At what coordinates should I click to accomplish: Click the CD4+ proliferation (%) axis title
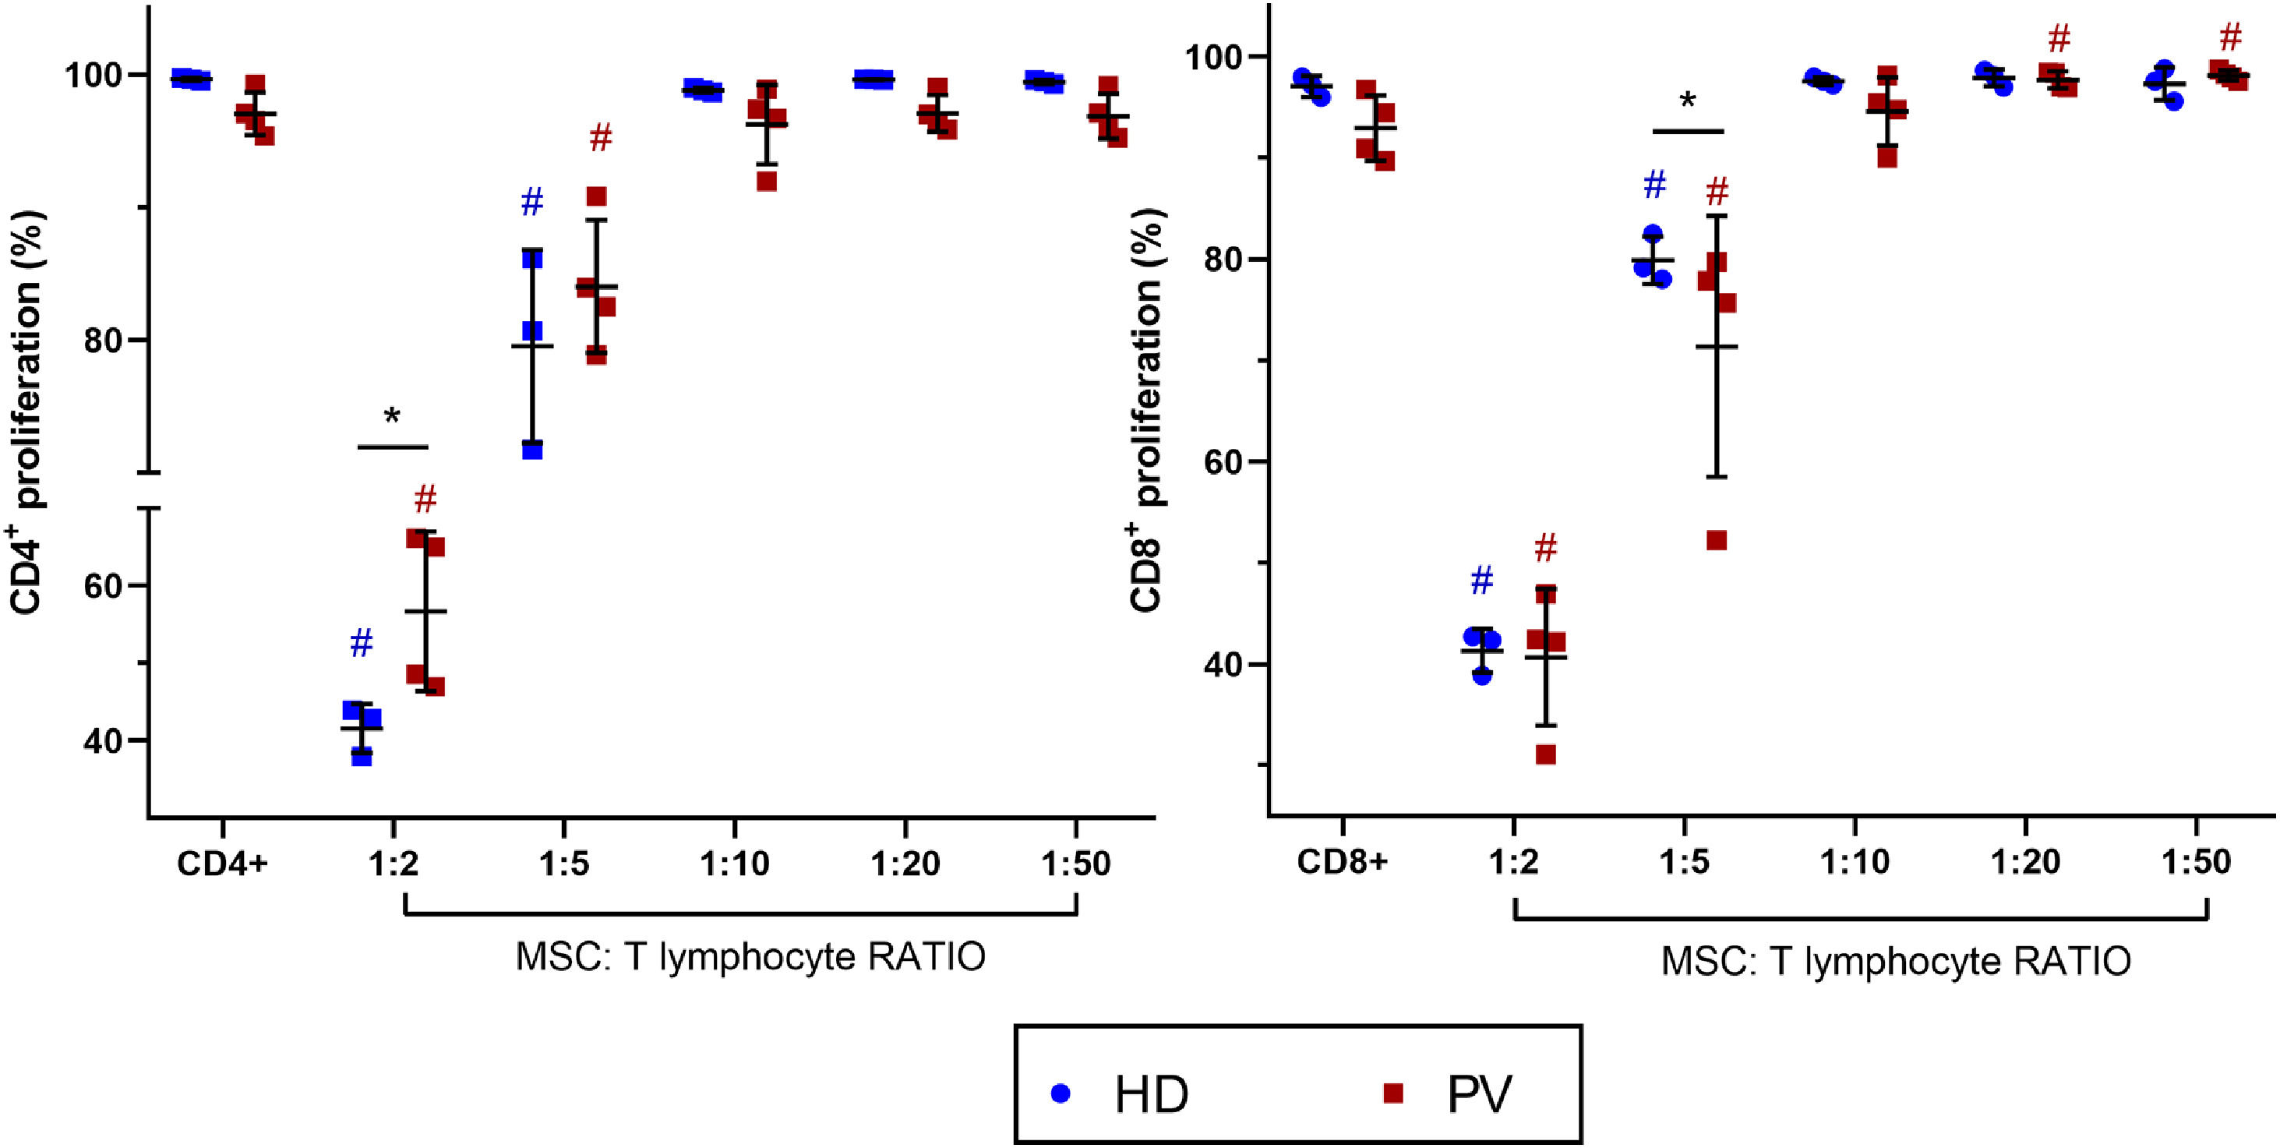[26, 412]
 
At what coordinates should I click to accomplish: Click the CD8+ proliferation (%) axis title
[1147, 412]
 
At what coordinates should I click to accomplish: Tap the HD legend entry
[1151, 1095]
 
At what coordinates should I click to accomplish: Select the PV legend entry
[1479, 1095]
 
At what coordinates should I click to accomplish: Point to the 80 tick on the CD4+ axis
[104, 341]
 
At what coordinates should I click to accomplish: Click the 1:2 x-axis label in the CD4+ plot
[393, 864]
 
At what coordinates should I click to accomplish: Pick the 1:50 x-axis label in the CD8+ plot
[2197, 862]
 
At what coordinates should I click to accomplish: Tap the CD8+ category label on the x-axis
[1342, 862]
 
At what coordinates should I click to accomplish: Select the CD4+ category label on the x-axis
[221, 864]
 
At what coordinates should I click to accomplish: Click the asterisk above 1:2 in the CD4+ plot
[392, 416]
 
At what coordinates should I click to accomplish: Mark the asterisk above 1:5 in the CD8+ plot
[1687, 101]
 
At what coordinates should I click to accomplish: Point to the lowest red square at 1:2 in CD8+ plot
[1545, 755]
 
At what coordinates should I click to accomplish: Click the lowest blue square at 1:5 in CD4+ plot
[532, 450]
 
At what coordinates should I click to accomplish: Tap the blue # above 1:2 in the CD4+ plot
[361, 644]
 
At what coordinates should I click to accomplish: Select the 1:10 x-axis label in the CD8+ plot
[1855, 862]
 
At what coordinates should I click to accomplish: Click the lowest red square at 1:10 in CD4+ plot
[767, 182]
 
